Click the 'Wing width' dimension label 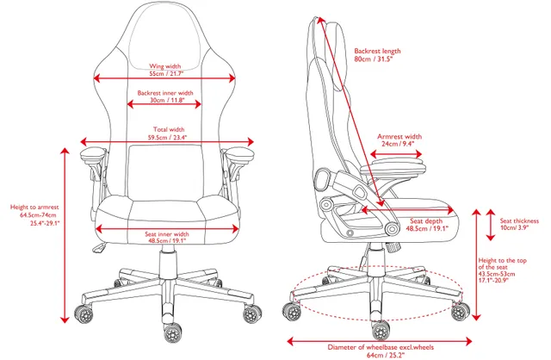(165, 66)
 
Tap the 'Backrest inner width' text (165, 93)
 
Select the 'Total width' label (169, 130)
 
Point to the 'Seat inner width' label (167, 234)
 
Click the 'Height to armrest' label (34, 208)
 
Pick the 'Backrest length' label (377, 52)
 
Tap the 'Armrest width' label (399, 136)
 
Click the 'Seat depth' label (426, 221)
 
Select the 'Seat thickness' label (519, 221)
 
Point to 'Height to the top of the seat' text (503, 264)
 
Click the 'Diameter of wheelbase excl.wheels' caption (381, 347)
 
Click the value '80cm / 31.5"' (373, 59)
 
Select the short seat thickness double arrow (491, 225)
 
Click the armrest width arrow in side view (396, 154)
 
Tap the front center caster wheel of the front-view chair (172, 332)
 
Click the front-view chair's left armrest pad (93, 152)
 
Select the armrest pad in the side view (393, 166)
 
